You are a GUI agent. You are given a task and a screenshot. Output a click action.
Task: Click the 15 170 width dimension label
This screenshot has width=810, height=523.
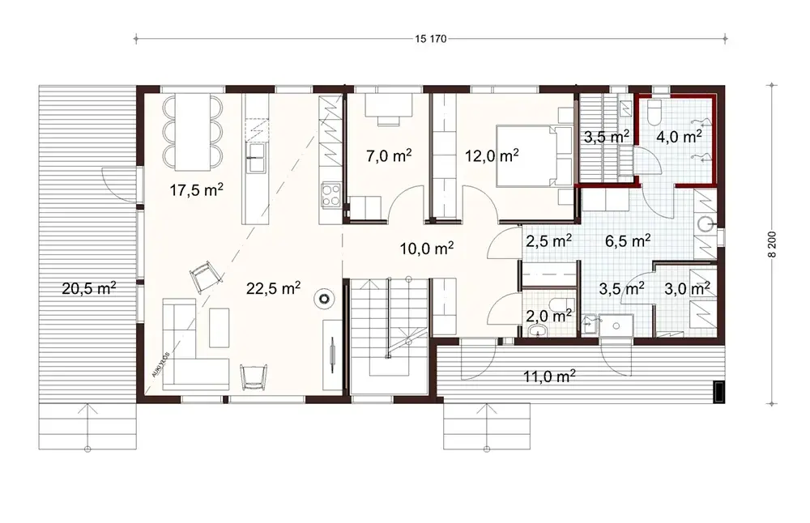click(x=430, y=37)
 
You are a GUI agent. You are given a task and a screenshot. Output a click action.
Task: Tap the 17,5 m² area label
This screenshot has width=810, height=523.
click(x=197, y=189)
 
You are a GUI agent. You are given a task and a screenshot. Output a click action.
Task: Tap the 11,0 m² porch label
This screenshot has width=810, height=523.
click(x=548, y=375)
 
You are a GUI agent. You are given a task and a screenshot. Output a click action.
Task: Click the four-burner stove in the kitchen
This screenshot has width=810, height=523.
click(x=331, y=193)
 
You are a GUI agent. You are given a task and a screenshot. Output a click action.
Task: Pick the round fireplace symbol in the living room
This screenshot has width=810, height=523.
click(x=325, y=299)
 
